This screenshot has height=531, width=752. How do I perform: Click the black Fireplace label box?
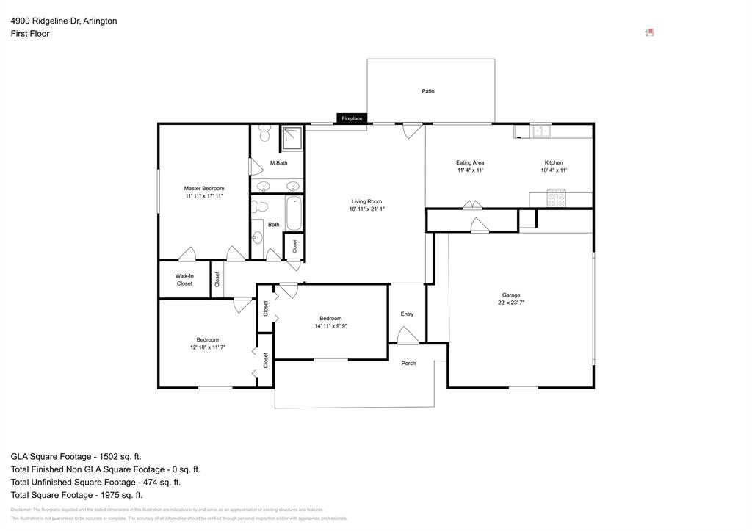[x=352, y=118]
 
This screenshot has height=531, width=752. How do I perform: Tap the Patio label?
[x=428, y=91]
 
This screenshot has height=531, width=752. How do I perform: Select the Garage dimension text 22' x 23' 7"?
[x=511, y=303]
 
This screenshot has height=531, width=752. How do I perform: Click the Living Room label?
[x=366, y=201]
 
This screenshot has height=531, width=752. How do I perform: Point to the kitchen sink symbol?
[x=541, y=131]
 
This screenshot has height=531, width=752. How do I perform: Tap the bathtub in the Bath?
[x=294, y=213]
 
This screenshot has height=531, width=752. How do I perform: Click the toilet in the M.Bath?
[x=265, y=133]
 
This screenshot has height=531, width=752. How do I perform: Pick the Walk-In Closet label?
[x=184, y=280]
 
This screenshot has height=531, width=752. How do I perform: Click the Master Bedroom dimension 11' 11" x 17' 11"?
[x=204, y=196]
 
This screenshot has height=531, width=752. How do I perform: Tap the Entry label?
[x=407, y=314]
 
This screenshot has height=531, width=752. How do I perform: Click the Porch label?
[x=408, y=363]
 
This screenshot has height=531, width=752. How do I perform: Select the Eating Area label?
[x=470, y=162]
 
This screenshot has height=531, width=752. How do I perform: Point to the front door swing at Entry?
[x=408, y=335]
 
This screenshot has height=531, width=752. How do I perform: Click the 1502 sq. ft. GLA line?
[x=76, y=456]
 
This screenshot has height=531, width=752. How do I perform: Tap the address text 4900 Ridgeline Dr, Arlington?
[x=63, y=21]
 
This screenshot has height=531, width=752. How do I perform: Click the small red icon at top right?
[x=649, y=32]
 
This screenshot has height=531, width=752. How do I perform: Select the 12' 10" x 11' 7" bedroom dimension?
[x=207, y=347]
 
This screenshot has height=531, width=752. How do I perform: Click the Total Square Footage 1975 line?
[x=76, y=495]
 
